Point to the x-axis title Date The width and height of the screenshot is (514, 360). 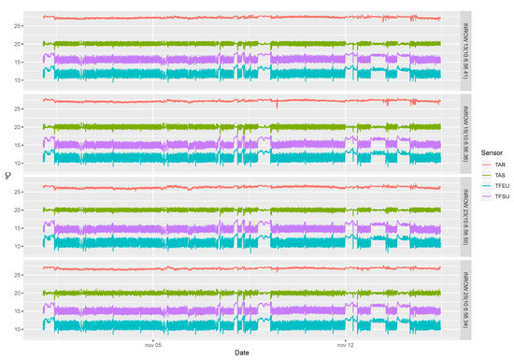click(x=241, y=353)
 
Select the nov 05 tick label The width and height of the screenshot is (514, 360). click(x=153, y=341)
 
